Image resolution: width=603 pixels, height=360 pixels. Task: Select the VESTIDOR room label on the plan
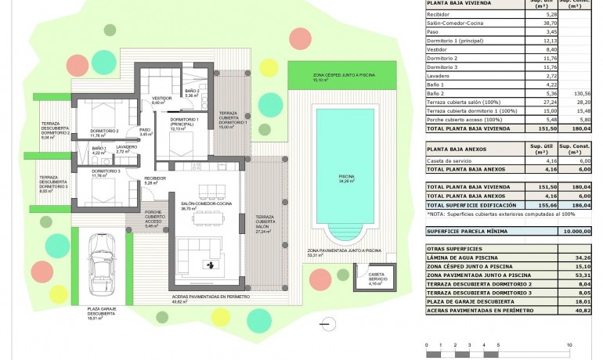[x=161, y=99]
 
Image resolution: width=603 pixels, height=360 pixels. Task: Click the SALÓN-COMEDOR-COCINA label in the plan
[x=206, y=205]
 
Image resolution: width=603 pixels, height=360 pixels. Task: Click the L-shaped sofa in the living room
[x=195, y=254]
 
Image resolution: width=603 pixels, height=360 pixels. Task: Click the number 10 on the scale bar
[x=569, y=344]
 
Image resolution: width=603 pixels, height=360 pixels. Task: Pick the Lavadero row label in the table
[x=439, y=77]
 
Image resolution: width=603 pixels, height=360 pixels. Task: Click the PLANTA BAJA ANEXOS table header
[x=457, y=148]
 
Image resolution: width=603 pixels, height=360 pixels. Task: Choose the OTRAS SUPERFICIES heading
[x=455, y=247]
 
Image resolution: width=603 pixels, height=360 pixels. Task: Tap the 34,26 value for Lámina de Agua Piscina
[x=580, y=257]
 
